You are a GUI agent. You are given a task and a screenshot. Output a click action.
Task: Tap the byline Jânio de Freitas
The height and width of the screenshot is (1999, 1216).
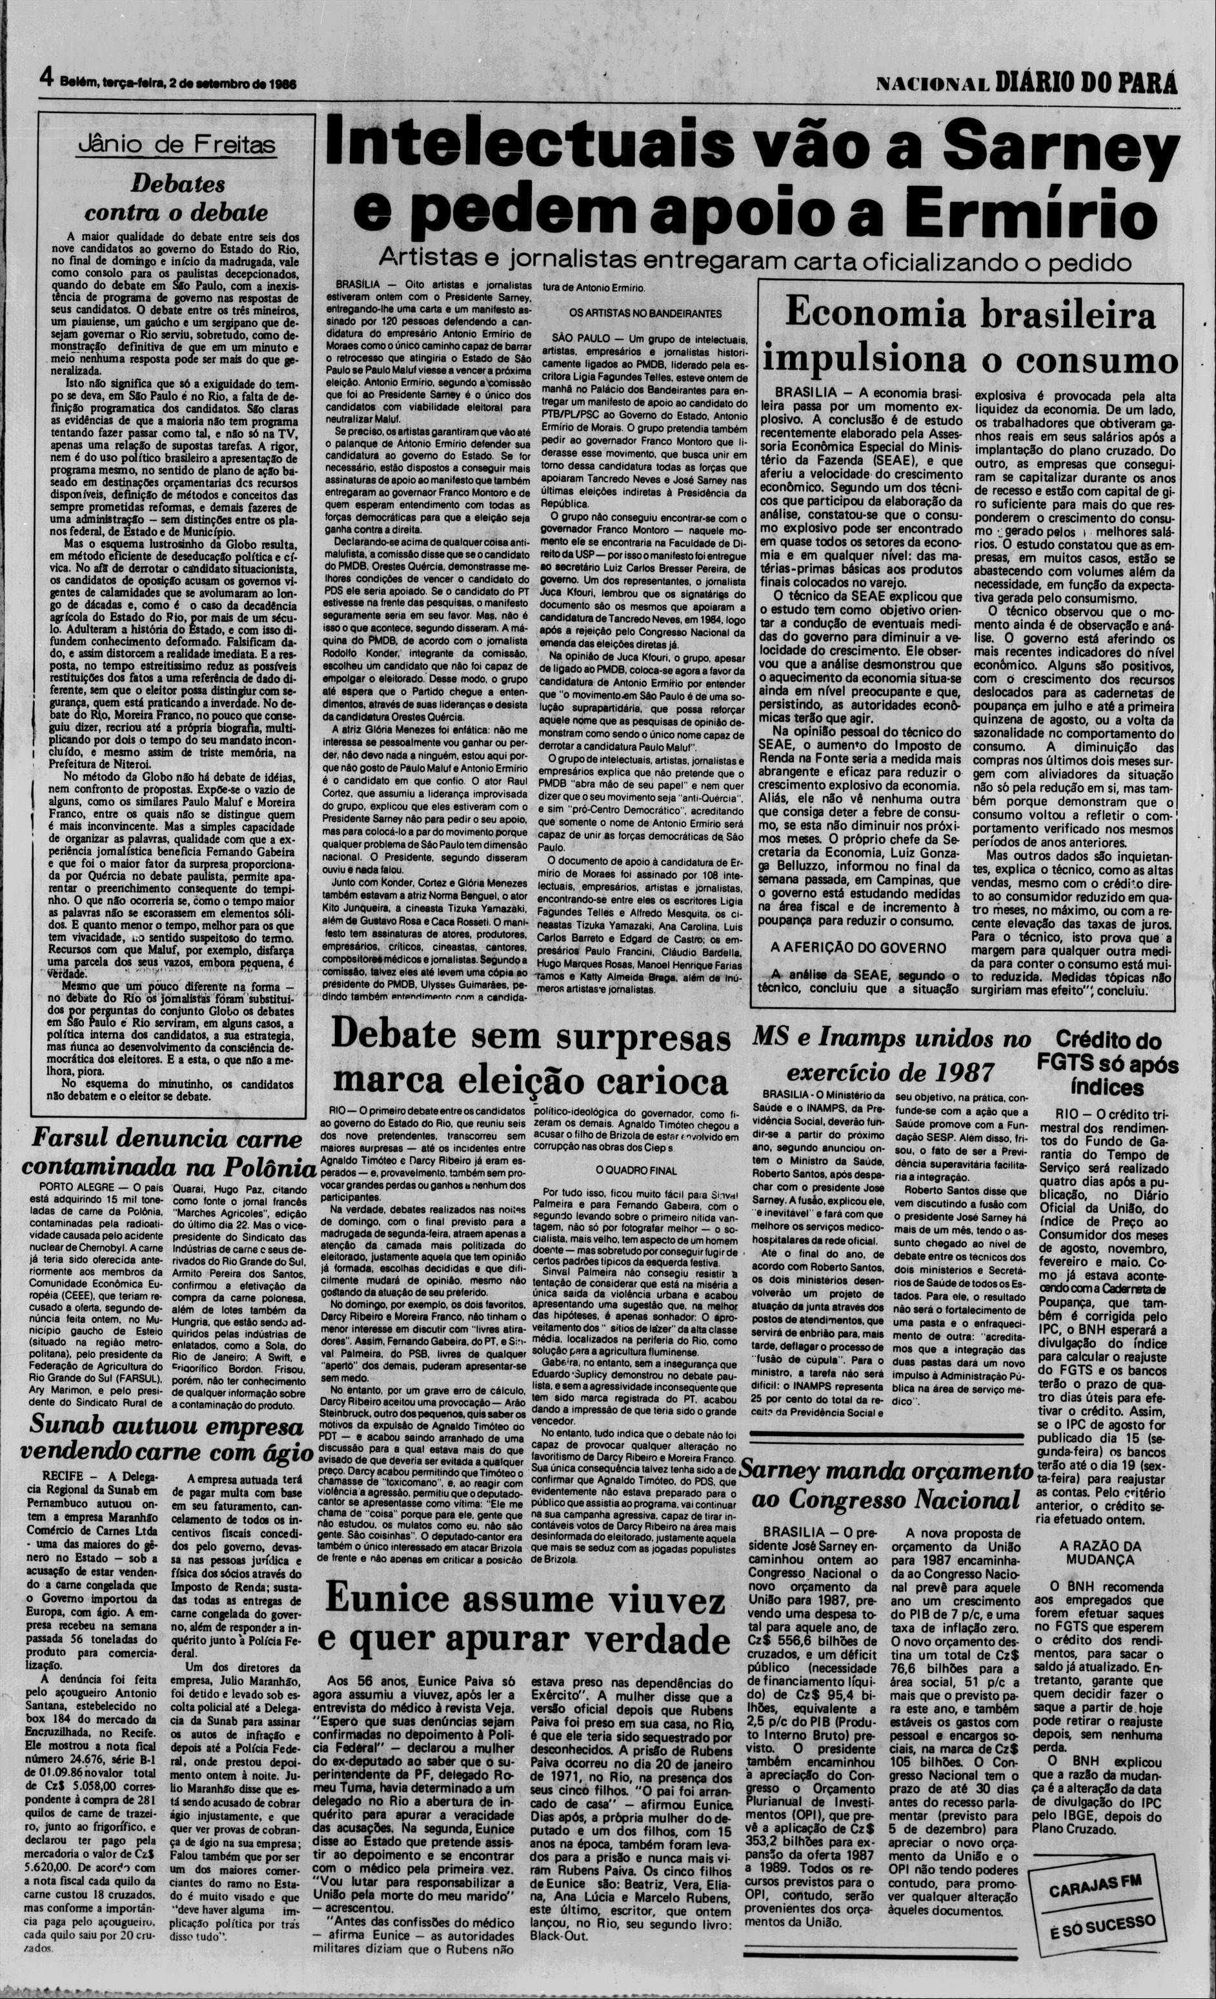(x=174, y=146)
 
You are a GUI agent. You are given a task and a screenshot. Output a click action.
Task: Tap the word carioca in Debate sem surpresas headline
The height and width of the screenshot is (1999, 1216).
(x=647, y=1081)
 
